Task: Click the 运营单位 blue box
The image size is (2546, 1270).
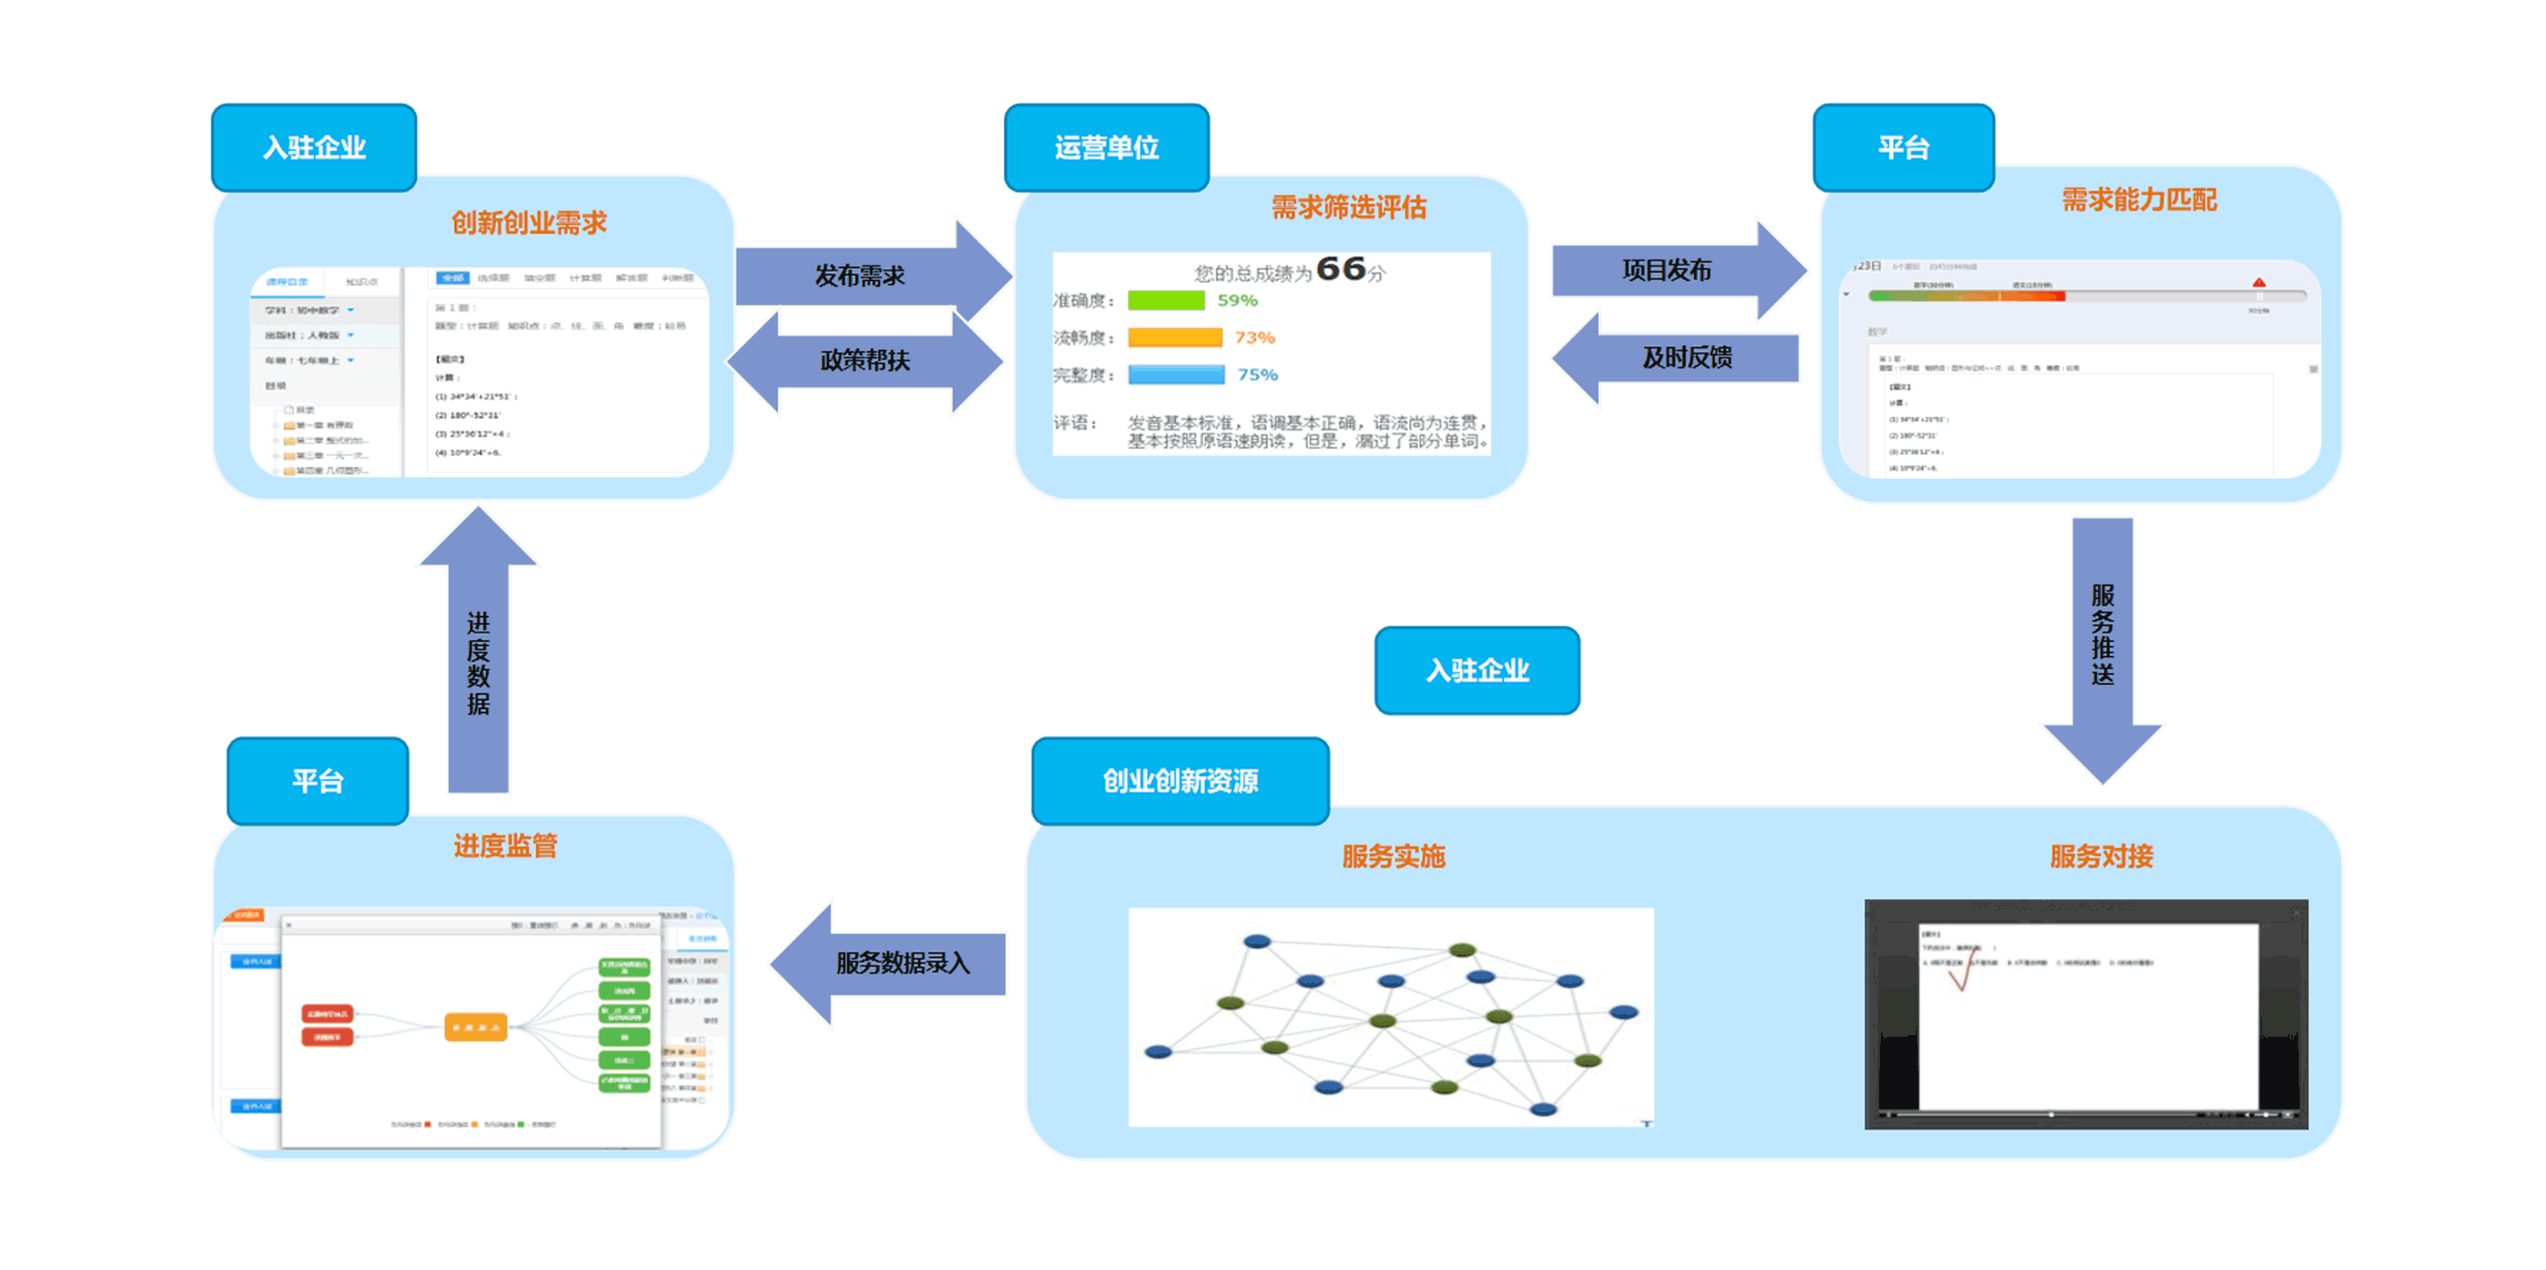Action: coord(1106,147)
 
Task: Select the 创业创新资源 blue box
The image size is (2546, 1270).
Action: coord(1180,780)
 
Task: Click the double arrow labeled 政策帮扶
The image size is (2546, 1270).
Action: coord(865,360)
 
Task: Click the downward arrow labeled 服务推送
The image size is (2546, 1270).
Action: coord(2103,642)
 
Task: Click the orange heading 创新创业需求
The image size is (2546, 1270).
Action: coord(529,223)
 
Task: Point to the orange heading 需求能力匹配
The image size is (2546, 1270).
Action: coord(2139,200)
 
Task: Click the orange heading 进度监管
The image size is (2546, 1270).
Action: coord(505,845)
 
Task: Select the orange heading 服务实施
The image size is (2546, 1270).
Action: coord(1394,856)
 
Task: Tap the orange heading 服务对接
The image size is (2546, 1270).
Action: coord(2101,856)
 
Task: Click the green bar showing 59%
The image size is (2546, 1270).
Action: coord(1166,301)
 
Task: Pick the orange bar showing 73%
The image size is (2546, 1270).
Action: coord(1175,338)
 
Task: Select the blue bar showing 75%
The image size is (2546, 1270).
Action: coord(1176,375)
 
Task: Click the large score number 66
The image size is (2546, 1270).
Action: coord(1341,269)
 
